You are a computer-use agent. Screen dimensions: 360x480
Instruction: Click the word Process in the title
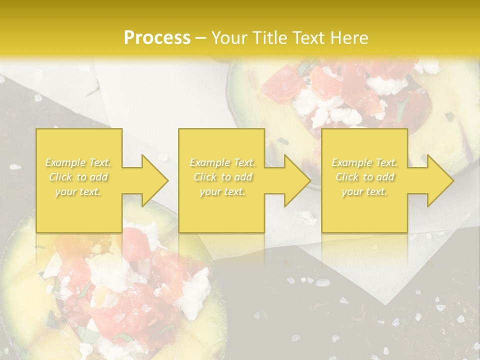pyautogui.click(x=157, y=38)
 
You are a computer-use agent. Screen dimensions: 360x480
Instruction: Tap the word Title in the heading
pyautogui.click(x=266, y=38)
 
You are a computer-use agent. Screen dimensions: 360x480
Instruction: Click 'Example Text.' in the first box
pyautogui.click(x=78, y=162)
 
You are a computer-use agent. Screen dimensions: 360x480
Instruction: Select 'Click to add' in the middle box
pyautogui.click(x=222, y=177)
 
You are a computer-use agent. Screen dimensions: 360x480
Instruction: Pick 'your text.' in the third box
pyautogui.click(x=364, y=191)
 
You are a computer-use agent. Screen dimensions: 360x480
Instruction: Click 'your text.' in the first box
pyautogui.click(x=78, y=191)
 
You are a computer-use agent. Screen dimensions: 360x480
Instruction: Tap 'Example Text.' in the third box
pyautogui.click(x=364, y=162)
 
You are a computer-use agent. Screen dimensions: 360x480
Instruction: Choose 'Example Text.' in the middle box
pyautogui.click(x=222, y=162)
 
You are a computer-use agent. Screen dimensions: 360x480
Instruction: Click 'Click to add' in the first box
pyautogui.click(x=78, y=177)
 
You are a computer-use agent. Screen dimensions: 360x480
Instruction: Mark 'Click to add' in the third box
pyautogui.click(x=364, y=177)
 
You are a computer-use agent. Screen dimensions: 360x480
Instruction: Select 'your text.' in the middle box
pyautogui.click(x=222, y=191)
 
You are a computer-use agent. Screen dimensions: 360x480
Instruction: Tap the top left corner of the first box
pyautogui.click(x=36, y=129)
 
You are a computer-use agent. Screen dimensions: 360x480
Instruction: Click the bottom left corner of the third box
pyautogui.click(x=322, y=232)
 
